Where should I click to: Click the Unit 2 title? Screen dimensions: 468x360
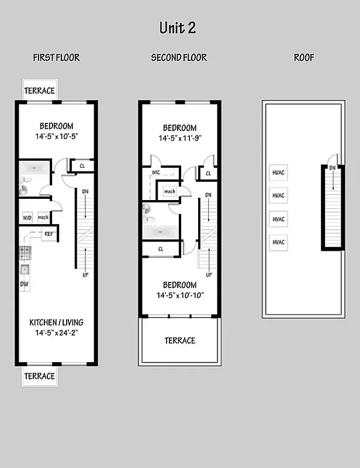[178, 27]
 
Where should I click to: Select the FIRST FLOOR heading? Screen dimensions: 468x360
[56, 57]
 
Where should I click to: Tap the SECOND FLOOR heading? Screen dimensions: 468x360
[179, 57]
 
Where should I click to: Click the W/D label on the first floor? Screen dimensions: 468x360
[27, 218]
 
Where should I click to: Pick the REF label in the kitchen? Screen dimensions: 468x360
[50, 234]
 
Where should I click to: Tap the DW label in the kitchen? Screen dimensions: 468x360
[25, 285]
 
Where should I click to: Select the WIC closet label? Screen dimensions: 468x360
[156, 173]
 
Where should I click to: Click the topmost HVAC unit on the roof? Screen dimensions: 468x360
[278, 173]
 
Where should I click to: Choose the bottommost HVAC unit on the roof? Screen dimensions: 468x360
[278, 242]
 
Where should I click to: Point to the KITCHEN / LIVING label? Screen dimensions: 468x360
[56, 322]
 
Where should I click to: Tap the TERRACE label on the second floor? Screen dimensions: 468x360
[179, 340]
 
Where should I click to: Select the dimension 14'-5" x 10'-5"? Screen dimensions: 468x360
[56, 137]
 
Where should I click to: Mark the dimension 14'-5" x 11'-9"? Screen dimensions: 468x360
[179, 139]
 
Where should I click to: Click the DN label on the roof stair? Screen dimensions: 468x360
[333, 168]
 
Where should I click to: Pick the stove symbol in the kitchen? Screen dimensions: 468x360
[25, 253]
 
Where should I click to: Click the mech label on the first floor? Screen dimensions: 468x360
[43, 218]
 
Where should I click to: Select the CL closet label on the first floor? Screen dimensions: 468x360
[82, 166]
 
